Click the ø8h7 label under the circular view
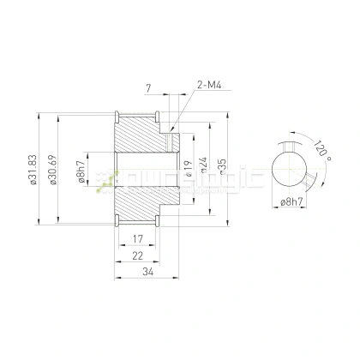point(293,202)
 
